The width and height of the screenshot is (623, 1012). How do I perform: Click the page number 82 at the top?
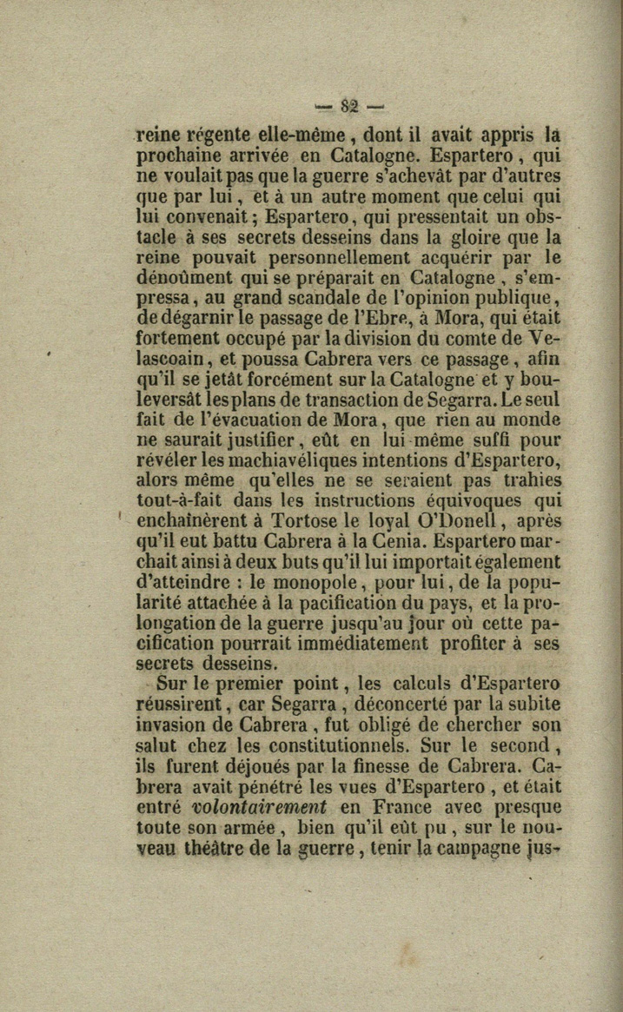(x=350, y=108)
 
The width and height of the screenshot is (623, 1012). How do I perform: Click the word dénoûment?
(x=185, y=278)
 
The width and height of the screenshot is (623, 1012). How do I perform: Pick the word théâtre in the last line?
(x=218, y=848)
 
